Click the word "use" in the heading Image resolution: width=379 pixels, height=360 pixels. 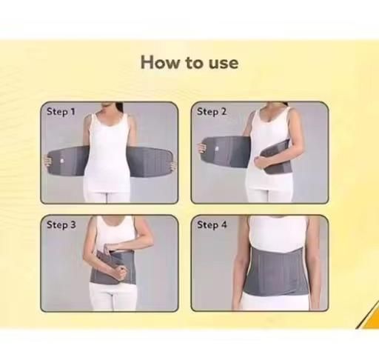pos(224,63)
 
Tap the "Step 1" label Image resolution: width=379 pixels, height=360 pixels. pos(61,112)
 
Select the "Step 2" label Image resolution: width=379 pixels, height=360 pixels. pos(212,112)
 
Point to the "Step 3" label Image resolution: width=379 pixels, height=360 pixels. pos(61,225)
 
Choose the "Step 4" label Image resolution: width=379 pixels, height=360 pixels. pos(212,225)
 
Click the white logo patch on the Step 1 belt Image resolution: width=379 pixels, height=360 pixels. pos(62,161)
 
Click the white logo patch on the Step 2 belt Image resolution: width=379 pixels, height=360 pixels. pos(217,150)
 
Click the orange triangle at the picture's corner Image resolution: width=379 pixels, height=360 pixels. pos(369,317)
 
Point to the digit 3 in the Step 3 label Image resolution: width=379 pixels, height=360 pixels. pos(73,224)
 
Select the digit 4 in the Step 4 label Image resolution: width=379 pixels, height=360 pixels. pos(224,224)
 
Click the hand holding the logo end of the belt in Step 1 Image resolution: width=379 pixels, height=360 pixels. pos(47,161)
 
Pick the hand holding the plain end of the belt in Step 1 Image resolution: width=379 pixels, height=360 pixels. pos(173,165)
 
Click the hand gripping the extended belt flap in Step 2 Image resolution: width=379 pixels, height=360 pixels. pos(201,148)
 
